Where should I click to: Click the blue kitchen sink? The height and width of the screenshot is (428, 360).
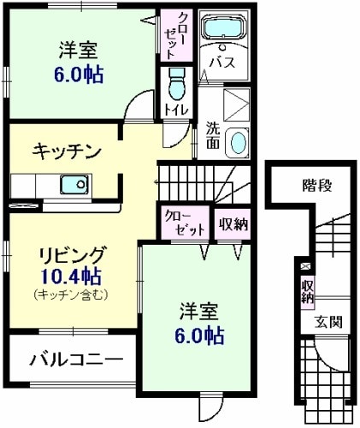(72, 183)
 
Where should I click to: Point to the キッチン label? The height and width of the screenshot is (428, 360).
(66, 152)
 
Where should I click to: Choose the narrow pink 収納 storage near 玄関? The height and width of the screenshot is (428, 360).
(305, 291)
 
